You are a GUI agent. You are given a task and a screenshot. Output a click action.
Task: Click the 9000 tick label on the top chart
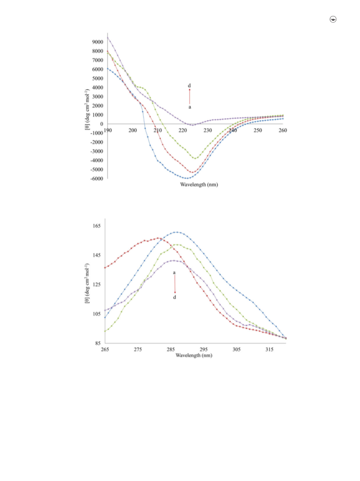pyautogui.click(x=98, y=42)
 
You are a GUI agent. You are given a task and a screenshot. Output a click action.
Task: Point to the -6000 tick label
pyautogui.click(x=97, y=179)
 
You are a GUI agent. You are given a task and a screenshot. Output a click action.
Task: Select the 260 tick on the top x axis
pyautogui.click(x=283, y=130)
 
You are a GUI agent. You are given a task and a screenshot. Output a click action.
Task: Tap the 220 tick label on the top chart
pyautogui.click(x=183, y=130)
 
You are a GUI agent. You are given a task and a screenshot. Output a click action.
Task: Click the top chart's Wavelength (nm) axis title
pyautogui.click(x=199, y=184)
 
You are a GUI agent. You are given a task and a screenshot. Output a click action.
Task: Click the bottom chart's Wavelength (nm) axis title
pyautogui.click(x=194, y=355)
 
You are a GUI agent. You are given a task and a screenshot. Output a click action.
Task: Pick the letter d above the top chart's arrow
pyautogui.click(x=189, y=86)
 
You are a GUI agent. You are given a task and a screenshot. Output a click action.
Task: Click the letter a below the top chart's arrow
pyautogui.click(x=190, y=107)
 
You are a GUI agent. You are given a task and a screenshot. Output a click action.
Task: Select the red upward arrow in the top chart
pyautogui.click(x=189, y=96)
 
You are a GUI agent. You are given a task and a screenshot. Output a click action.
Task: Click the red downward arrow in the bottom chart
pyautogui.click(x=175, y=284)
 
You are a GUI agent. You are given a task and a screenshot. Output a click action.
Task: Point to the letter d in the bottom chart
pyautogui.click(x=175, y=297)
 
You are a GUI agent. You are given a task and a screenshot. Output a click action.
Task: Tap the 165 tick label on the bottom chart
pyautogui.click(x=97, y=226)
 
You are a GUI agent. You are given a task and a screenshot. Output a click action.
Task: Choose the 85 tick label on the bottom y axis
pyautogui.click(x=98, y=343)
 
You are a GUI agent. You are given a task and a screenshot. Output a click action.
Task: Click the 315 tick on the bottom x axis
pyautogui.click(x=269, y=349)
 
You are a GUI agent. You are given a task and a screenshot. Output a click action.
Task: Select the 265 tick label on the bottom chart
pyautogui.click(x=105, y=349)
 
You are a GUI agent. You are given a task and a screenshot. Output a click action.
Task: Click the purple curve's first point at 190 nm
pyautogui.click(x=107, y=37)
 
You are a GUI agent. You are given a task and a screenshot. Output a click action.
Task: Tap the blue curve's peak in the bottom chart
pyautogui.click(x=177, y=232)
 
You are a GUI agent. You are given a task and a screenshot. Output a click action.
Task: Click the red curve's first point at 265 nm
pyautogui.click(x=105, y=267)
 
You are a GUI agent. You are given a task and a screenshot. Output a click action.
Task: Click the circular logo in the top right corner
pyautogui.click(x=333, y=19)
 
